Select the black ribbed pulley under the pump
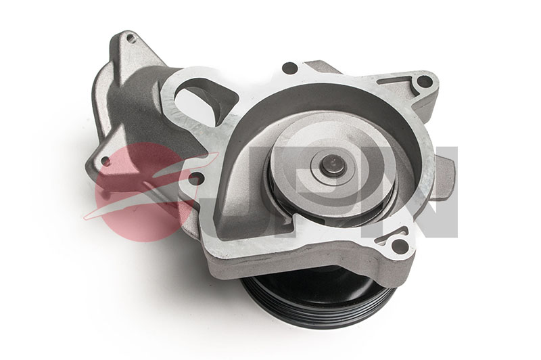(x=317, y=297)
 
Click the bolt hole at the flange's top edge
(x=290, y=68)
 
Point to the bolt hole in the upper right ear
(x=424, y=82)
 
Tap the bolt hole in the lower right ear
(x=400, y=246)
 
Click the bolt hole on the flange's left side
(x=195, y=178)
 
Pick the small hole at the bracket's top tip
(x=131, y=39)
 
